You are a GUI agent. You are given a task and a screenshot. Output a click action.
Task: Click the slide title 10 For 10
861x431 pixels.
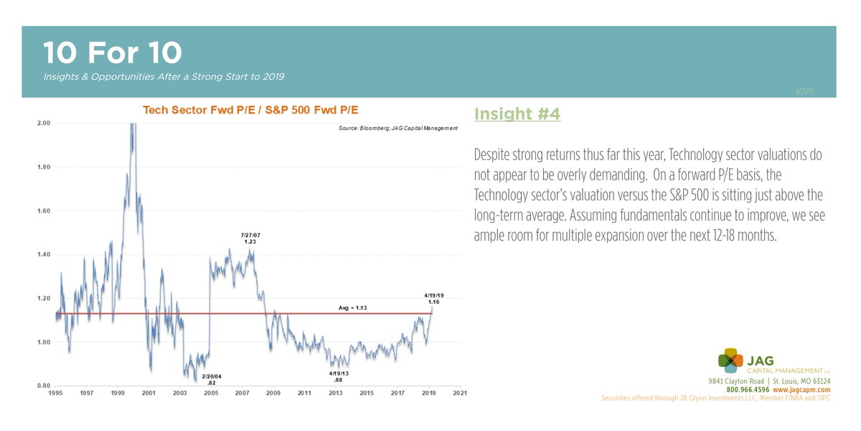112,53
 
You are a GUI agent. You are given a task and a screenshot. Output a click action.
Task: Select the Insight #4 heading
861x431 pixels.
517,114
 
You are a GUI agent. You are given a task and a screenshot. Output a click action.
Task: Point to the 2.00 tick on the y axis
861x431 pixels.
43,123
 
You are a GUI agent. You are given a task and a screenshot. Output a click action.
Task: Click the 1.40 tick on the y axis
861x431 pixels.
43,254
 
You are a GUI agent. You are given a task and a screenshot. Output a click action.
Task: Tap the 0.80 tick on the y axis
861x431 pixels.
43,385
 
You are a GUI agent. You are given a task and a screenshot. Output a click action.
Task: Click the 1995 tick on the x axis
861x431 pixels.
55,394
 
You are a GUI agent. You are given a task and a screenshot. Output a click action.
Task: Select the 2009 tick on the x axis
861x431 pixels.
273,394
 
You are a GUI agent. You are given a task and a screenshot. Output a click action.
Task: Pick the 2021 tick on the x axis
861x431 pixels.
460,394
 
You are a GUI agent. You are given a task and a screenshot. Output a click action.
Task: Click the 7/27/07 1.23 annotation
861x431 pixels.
250,238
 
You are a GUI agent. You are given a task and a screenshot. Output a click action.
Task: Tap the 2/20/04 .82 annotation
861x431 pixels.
211,380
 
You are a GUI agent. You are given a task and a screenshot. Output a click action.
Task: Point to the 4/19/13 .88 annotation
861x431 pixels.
339,377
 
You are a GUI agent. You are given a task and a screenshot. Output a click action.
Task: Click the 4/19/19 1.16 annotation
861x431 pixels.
433,298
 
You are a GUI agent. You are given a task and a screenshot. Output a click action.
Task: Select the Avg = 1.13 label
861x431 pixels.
354,308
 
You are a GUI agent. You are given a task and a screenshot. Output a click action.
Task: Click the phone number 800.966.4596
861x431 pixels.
748,389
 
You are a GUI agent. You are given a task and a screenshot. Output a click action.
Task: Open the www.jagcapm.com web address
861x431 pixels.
801,389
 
